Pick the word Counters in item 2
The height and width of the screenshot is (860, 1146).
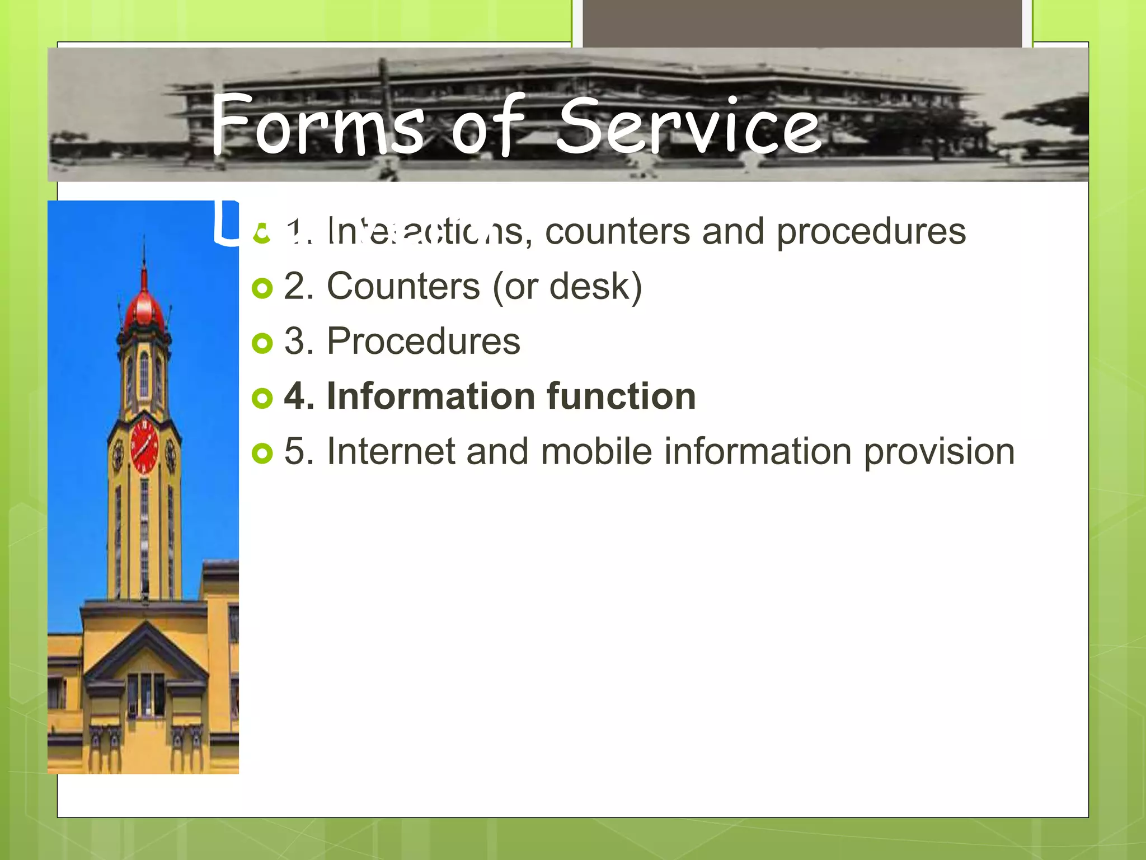(403, 287)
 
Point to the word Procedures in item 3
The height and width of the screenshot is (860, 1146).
(423, 342)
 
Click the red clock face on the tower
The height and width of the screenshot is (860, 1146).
(144, 447)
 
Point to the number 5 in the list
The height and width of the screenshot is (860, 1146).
(294, 451)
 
